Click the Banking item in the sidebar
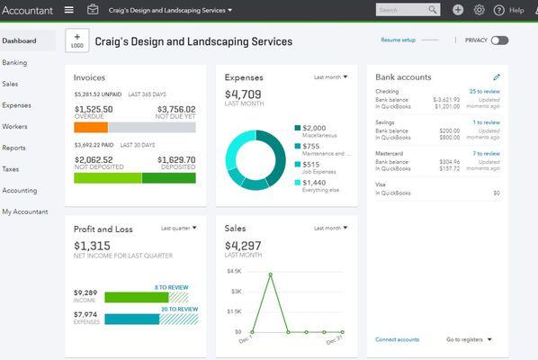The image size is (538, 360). [14, 63]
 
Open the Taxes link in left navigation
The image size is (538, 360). [11, 168]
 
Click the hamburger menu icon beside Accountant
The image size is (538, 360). [69, 10]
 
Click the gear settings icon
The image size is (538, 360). [479, 10]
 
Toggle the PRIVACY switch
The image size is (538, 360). [499, 40]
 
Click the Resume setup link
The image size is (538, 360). [398, 40]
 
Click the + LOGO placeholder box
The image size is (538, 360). [77, 42]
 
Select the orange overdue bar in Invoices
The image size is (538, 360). [91, 127]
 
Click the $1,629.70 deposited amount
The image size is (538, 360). [176, 160]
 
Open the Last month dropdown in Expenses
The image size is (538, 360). [330, 77]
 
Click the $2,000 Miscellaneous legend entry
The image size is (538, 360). [314, 128]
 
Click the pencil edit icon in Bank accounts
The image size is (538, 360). [497, 77]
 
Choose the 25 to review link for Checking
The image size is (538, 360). [485, 91]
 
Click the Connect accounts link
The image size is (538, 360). [397, 339]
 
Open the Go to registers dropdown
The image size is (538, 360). [469, 339]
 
